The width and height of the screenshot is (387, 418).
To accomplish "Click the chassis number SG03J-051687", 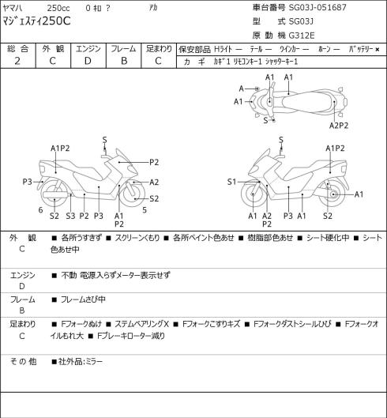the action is tap(317, 7).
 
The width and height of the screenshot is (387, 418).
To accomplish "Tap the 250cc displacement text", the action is tap(58, 8).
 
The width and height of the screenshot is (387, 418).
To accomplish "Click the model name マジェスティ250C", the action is tap(36, 21).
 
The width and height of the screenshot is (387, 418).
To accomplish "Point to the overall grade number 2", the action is tap(17, 61).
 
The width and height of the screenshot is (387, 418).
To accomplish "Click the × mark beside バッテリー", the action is tap(378, 49).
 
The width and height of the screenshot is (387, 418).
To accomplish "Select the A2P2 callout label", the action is tap(339, 126).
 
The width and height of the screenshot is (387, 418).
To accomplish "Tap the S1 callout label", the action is tap(231, 182).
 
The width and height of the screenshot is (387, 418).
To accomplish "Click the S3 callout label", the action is tap(70, 216).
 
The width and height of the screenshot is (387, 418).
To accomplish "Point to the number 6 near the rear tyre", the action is tap(40, 210).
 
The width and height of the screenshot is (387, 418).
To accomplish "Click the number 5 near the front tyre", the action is tap(145, 210).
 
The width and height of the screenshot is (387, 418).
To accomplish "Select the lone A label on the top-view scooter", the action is tap(242, 88).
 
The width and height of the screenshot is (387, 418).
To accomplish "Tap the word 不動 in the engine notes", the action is tap(69, 275).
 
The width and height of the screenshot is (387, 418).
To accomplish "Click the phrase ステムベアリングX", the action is tap(141, 324).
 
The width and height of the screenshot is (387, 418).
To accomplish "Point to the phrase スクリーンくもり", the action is tap(137, 238).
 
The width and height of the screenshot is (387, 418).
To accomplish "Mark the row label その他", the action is tap(23, 362).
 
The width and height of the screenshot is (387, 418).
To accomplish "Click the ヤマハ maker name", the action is tap(13, 8).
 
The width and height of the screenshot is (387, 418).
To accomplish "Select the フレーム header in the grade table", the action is tap(123, 49).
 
